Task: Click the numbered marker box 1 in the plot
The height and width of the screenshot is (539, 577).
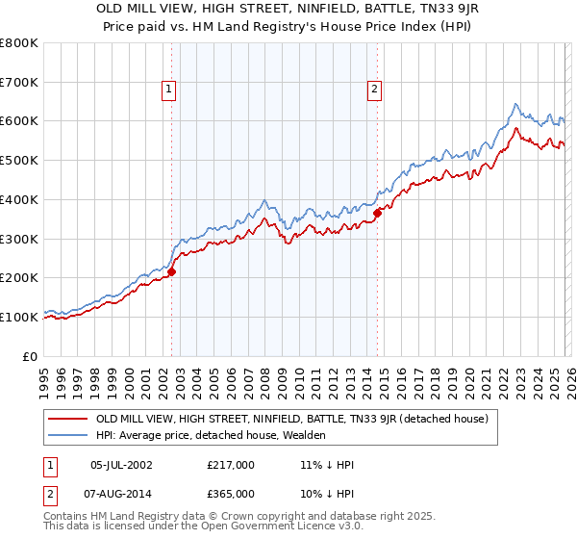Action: [169, 90]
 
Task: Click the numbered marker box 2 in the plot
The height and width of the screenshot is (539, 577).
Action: [373, 90]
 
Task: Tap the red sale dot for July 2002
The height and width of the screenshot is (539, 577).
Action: [172, 271]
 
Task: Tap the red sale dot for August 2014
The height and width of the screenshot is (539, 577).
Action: [378, 214]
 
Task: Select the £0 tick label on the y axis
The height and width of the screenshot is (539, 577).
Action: [30, 356]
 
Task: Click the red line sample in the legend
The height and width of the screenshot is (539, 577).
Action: [67, 419]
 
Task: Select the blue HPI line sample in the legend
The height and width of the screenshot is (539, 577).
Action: [67, 435]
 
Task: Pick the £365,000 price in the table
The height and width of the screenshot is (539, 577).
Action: [231, 493]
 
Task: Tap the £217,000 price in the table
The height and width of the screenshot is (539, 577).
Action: [231, 464]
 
